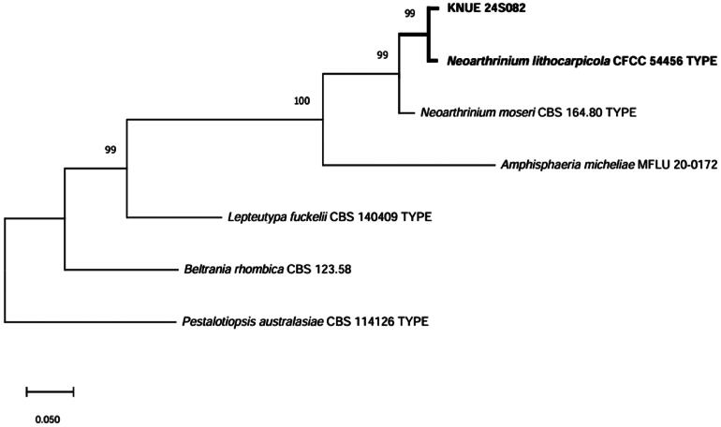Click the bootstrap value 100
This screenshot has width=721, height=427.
pyautogui.click(x=302, y=100)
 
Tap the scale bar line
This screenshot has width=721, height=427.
pyautogui.click(x=50, y=390)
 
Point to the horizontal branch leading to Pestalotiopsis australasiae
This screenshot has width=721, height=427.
pyautogui.click(x=89, y=322)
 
